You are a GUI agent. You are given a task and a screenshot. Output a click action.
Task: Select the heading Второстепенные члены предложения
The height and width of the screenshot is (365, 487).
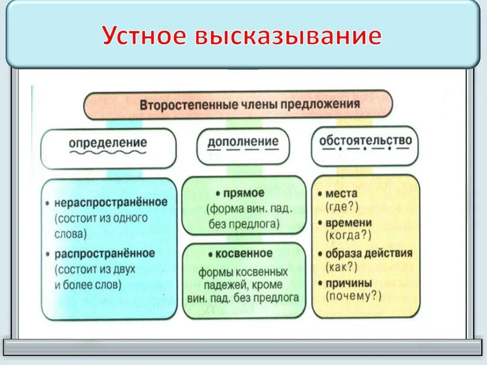[x=250, y=105]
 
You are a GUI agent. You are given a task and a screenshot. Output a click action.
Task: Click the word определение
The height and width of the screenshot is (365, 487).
[x=108, y=143]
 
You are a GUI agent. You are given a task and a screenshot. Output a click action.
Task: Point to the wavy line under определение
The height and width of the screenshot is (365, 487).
[x=108, y=153]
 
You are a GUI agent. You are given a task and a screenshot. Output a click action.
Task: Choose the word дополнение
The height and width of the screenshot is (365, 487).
[x=243, y=141]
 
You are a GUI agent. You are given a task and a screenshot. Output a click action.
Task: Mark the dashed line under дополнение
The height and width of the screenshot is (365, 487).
[x=243, y=150]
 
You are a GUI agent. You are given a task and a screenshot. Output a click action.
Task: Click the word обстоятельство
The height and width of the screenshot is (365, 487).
[x=365, y=140]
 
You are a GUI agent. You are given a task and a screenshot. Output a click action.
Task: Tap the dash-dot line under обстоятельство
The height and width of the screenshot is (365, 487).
[x=365, y=148]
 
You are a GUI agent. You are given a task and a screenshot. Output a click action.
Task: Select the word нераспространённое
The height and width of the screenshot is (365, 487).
[x=111, y=202]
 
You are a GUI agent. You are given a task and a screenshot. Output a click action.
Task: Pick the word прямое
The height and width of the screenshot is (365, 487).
[x=243, y=193]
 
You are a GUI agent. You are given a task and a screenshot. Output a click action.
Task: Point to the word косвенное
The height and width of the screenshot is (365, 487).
[x=244, y=253]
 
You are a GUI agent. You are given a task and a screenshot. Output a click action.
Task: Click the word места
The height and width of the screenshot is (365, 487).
[x=341, y=193]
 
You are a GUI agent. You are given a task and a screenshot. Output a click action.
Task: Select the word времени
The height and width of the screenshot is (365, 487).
[x=349, y=223]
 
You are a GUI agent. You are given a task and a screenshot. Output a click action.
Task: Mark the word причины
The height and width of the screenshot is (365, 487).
[x=349, y=283]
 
